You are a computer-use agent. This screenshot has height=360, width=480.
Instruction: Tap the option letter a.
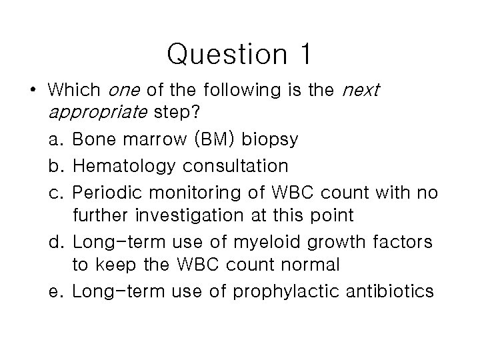pyautogui.click(x=54, y=140)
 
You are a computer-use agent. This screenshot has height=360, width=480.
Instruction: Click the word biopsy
pyautogui.click(x=269, y=140)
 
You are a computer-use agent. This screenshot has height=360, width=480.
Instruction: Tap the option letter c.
pyautogui.click(x=54, y=192)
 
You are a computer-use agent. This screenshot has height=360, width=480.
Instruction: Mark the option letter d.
pyautogui.click(x=54, y=241)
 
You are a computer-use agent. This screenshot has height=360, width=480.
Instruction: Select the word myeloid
pyautogui.click(x=267, y=241)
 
